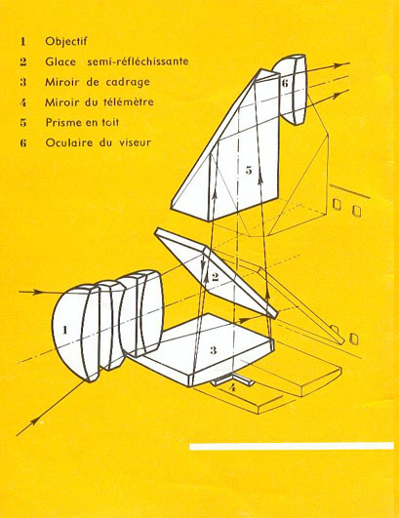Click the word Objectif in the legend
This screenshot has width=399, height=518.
(66, 41)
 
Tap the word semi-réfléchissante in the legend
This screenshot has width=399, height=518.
(138, 61)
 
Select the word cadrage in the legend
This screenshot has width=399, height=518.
(128, 82)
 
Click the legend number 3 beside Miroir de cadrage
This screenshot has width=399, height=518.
(22, 82)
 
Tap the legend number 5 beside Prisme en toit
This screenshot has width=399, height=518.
(22, 123)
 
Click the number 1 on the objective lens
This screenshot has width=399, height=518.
(65, 330)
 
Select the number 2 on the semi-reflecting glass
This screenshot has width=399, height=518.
(215, 276)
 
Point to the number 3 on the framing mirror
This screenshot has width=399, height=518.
(214, 350)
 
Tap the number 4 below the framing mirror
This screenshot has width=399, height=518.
(232, 387)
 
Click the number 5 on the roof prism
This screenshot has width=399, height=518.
(249, 170)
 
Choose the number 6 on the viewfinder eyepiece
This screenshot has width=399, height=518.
(285, 83)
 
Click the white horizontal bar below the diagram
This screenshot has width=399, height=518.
(292, 446)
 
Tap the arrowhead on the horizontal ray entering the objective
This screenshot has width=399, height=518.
(39, 292)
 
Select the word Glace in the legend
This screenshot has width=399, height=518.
(60, 61)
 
